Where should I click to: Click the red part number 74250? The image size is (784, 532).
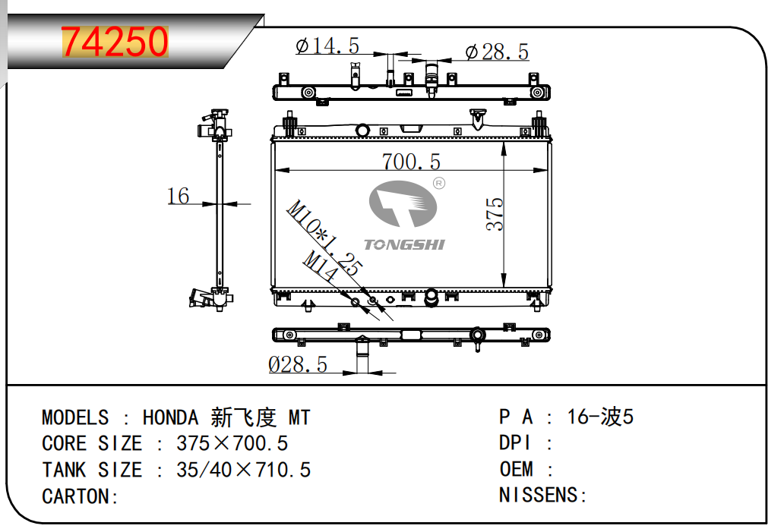(x=115, y=42)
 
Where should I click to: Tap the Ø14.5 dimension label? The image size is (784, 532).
(x=327, y=46)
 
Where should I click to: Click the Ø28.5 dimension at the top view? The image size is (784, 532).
(x=497, y=52)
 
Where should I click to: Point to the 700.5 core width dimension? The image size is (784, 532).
(x=411, y=162)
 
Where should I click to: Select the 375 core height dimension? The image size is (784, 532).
(x=495, y=214)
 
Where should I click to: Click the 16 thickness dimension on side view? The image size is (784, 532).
(x=178, y=196)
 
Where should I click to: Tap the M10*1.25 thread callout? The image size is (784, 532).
(x=324, y=238)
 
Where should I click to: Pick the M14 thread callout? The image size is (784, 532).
(x=320, y=265)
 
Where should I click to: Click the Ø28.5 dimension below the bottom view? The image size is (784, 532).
(x=298, y=364)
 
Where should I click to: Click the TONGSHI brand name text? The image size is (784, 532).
(x=404, y=244)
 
